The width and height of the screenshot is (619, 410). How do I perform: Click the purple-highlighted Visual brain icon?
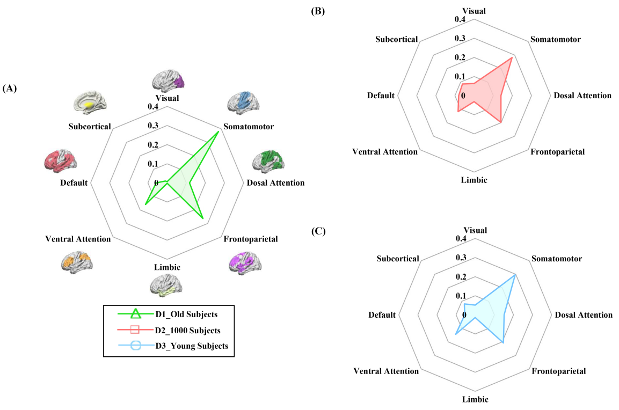click(x=168, y=80)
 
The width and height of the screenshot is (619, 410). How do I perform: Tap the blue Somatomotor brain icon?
click(x=243, y=102)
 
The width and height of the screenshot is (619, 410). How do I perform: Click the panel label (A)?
click(x=11, y=89)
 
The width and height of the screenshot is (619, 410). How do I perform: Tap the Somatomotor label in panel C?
click(x=556, y=259)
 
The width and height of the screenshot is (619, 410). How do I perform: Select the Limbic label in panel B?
click(x=474, y=180)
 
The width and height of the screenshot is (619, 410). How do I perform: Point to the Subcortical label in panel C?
click(x=398, y=259)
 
